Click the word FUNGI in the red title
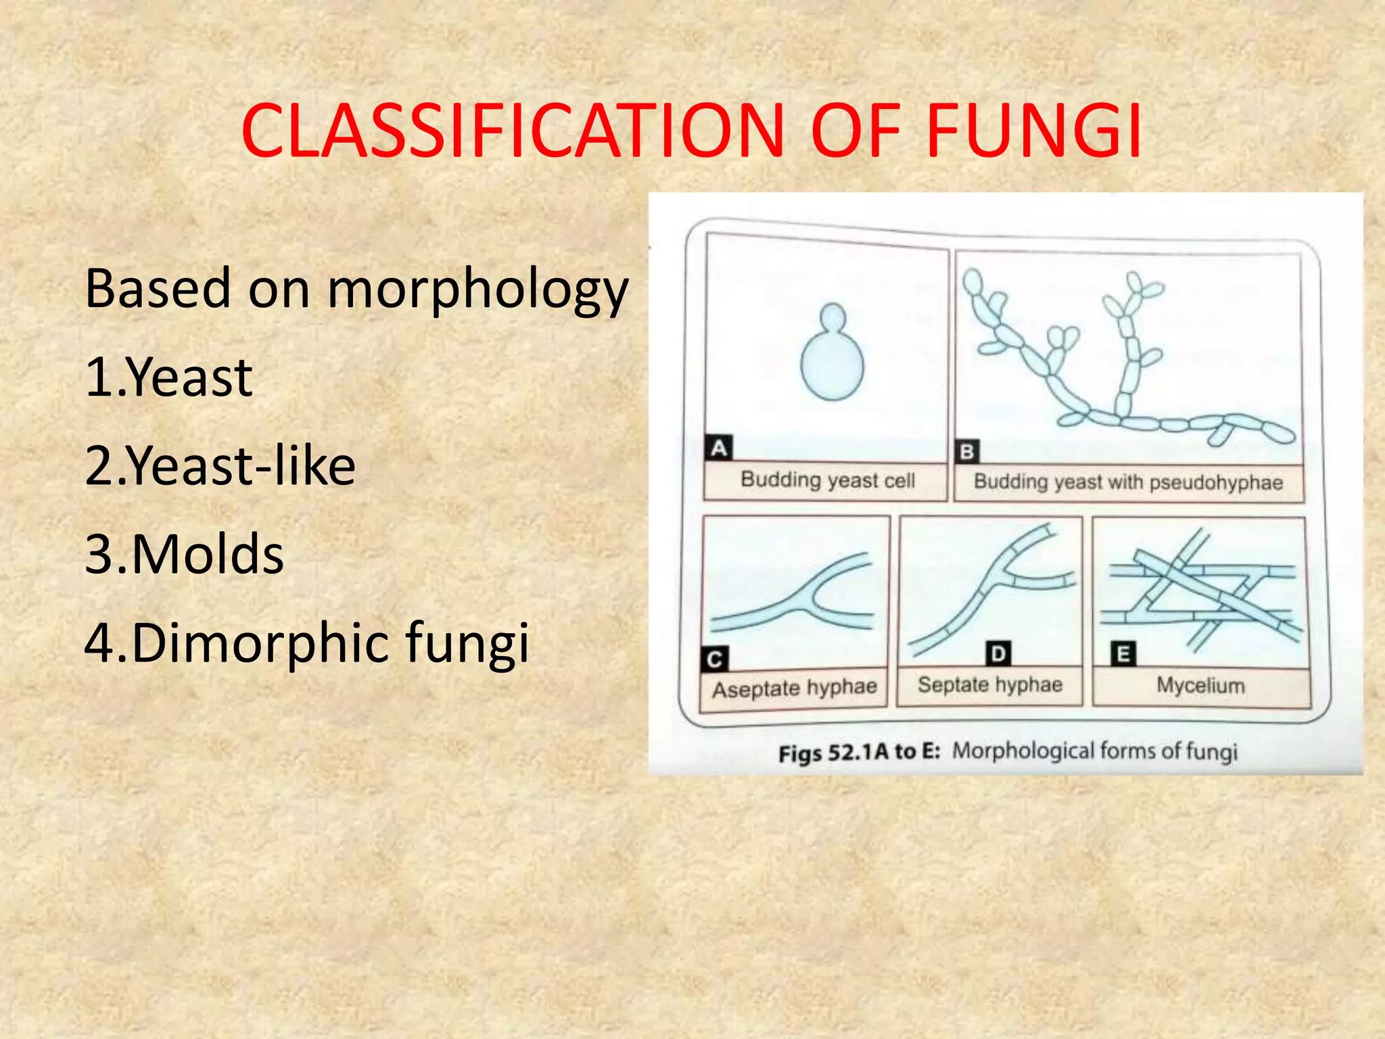pos(1033,131)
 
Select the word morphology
pos(478,290)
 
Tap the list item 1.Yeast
pos(169,377)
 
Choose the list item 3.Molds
pos(184,554)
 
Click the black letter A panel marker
pos(719,448)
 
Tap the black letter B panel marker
pos(967,451)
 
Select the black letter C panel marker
pos(715,660)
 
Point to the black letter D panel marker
pos(998,654)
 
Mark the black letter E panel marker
pos(1123,654)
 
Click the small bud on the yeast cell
pos(832,317)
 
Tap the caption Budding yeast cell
pos(827,480)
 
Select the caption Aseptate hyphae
pos(794,689)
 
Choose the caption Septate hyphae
pos(990,685)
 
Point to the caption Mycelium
pos(1200,685)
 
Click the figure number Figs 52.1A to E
pos(859,753)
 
